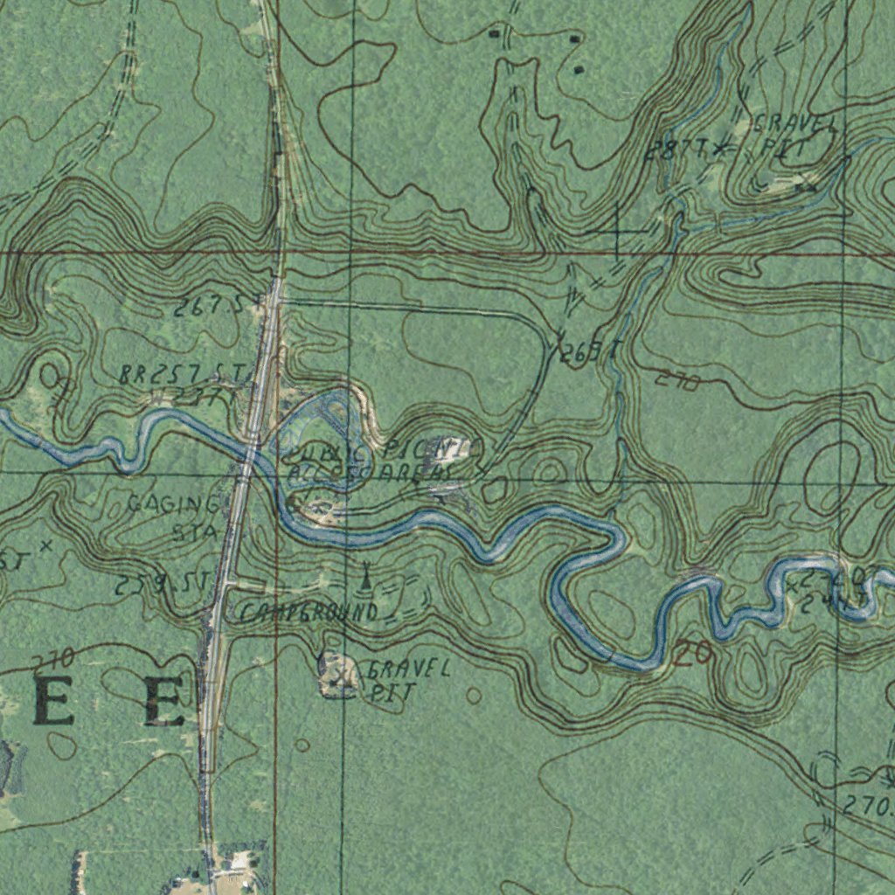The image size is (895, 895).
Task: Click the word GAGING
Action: point(174,504)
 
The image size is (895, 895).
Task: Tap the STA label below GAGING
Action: point(193,531)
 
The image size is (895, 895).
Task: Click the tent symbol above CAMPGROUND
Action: point(365,576)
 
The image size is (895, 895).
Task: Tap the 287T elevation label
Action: point(674,150)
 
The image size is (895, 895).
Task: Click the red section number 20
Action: point(693,653)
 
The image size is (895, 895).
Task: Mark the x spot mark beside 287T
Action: point(718,149)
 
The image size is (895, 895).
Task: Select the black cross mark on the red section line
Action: point(618,229)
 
